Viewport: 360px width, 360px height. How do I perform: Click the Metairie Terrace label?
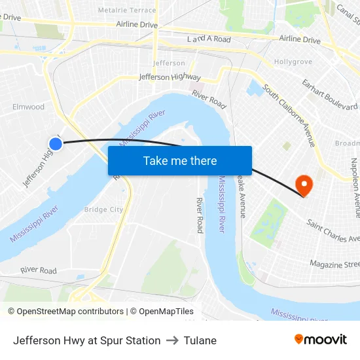[127, 10]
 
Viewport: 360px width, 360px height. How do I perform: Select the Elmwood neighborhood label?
[28, 107]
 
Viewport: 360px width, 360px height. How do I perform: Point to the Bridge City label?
[103, 209]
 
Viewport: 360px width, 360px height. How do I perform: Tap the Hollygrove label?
[291, 62]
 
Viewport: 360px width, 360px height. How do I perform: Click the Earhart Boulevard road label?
[329, 95]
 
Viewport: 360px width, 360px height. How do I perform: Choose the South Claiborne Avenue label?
[289, 115]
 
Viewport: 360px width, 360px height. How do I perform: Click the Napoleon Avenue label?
[355, 187]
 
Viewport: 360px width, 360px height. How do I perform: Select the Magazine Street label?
[334, 264]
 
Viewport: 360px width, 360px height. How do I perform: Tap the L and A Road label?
[209, 39]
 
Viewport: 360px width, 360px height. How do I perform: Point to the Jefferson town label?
[169, 63]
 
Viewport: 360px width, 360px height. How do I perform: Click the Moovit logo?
[321, 340]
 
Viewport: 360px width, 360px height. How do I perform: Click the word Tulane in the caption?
[200, 340]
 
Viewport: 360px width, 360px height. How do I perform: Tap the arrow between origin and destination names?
[172, 340]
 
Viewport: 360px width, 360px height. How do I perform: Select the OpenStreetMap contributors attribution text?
[65, 312]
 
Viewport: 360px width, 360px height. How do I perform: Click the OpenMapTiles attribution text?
[162, 312]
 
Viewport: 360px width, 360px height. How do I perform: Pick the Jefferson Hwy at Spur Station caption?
[86, 340]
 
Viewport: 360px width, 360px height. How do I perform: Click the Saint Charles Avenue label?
[333, 230]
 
